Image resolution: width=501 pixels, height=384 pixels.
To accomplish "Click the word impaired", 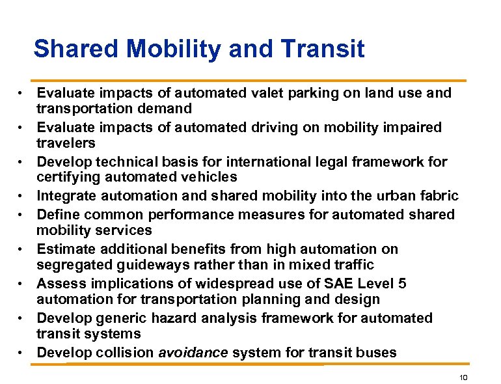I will click(413, 128).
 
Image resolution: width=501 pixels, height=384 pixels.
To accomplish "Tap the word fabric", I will click(439, 196).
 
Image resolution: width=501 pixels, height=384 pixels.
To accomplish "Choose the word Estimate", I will click(65, 249).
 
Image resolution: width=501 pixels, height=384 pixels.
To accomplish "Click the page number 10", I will click(463, 377).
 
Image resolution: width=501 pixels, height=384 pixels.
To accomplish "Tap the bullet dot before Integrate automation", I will click(21, 196).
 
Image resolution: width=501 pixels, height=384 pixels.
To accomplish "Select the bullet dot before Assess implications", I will click(21, 284).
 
